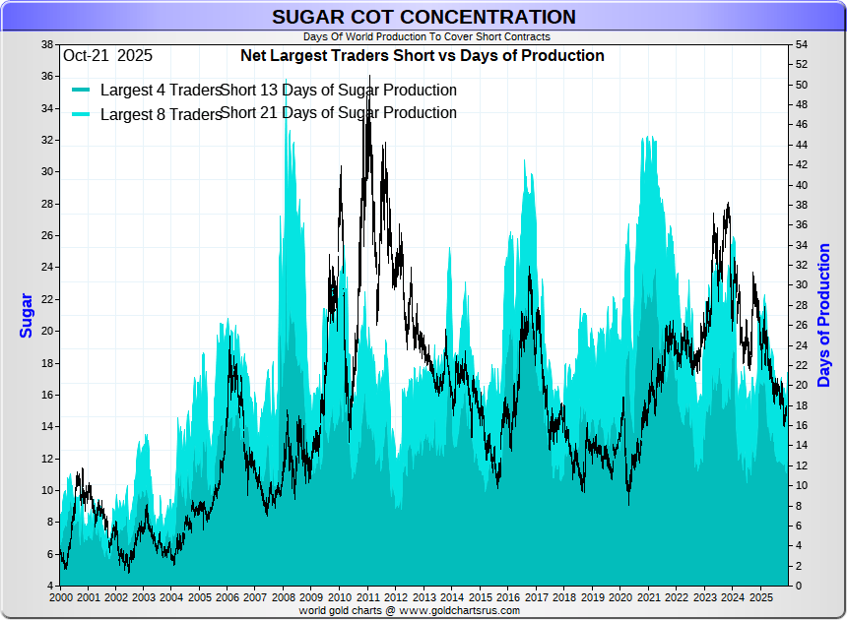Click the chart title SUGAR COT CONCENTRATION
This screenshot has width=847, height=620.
click(423, 17)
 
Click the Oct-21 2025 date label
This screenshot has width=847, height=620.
click(107, 56)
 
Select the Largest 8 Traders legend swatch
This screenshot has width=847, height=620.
click(82, 114)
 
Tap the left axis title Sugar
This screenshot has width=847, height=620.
click(27, 316)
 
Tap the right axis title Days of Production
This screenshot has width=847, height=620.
click(824, 316)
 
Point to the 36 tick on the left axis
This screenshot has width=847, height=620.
click(47, 76)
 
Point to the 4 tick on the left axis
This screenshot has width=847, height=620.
click(50, 586)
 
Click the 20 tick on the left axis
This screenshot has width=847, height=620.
click(47, 331)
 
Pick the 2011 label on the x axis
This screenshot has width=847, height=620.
click(368, 597)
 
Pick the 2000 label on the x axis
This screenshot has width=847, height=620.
click(60, 597)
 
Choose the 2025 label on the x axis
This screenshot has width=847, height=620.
click(760, 597)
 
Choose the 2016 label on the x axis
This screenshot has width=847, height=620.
click(508, 597)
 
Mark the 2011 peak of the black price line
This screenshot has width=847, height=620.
click(369, 76)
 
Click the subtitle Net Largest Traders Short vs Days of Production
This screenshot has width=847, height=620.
click(423, 56)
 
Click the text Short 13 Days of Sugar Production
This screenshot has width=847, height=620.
click(339, 91)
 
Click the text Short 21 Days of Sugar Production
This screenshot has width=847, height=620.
click(339, 113)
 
